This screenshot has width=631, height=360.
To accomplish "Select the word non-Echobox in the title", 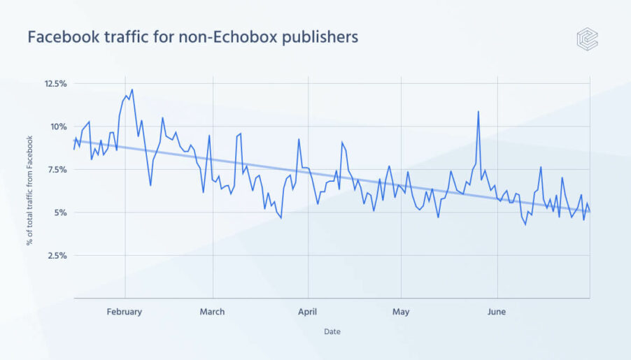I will [x=222, y=37].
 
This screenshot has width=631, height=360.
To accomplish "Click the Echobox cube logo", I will [x=587, y=38].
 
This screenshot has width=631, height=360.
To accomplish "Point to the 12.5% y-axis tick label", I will [x=55, y=84].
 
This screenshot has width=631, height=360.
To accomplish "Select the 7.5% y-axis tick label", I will [x=57, y=170].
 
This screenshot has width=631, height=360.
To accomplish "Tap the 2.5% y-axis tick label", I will [x=57, y=256].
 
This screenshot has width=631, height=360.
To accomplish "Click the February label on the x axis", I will [x=125, y=312].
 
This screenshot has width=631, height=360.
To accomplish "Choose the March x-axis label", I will [x=212, y=312].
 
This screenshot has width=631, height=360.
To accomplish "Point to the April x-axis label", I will [x=308, y=312].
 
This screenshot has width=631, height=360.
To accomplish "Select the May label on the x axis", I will [x=401, y=312].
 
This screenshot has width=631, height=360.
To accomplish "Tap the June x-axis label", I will [x=496, y=312].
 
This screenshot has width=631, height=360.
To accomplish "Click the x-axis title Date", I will [x=332, y=332].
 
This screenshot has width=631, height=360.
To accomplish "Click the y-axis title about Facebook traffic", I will [x=30, y=191].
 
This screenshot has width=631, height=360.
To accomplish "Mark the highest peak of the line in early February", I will [x=132, y=89].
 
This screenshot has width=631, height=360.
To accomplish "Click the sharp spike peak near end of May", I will [x=478, y=111].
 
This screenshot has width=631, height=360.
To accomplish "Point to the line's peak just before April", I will [x=299, y=139].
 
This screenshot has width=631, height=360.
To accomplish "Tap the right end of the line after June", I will [x=590, y=211].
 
